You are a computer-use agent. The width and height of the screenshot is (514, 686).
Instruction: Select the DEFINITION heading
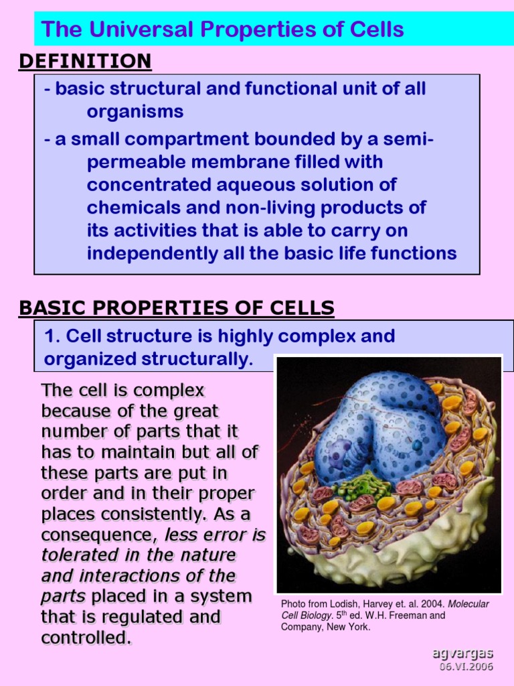(x=85, y=62)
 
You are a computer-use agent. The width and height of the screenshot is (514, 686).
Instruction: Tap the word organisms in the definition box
(x=135, y=111)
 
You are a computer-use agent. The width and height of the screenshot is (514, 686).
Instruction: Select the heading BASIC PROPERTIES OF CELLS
(x=177, y=308)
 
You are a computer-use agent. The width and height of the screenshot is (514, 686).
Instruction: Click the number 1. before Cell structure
(x=52, y=336)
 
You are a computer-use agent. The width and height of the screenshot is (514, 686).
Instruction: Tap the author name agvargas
(x=462, y=654)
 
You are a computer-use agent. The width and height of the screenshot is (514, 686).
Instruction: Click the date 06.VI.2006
(x=466, y=667)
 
